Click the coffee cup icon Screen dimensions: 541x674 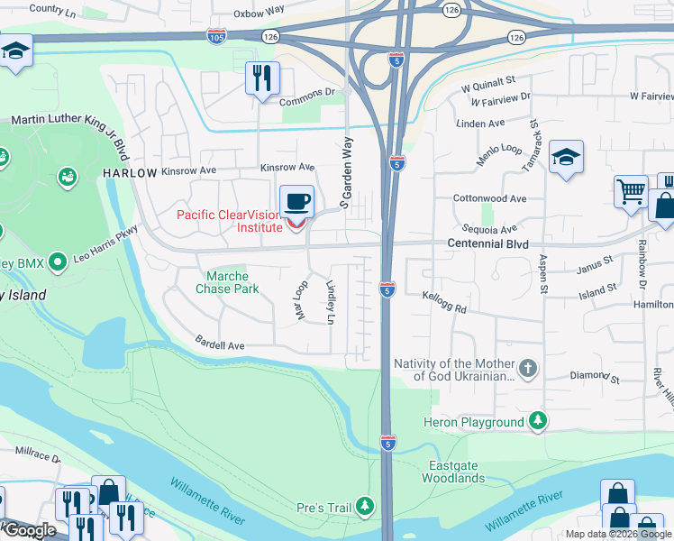[296, 201]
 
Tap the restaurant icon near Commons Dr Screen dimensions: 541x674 [261, 78]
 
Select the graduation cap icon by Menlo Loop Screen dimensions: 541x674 [566, 158]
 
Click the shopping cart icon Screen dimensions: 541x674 [632, 191]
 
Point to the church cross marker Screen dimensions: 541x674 [529, 368]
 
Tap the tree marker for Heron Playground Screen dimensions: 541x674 [538, 421]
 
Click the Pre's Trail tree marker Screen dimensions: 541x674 [365, 507]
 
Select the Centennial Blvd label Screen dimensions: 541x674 [491, 244]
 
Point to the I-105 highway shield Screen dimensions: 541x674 [216, 35]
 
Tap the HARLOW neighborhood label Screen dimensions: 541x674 [130, 172]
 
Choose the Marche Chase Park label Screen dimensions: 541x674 [227, 282]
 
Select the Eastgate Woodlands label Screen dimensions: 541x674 [455, 472]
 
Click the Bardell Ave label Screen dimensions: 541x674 [221, 344]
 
